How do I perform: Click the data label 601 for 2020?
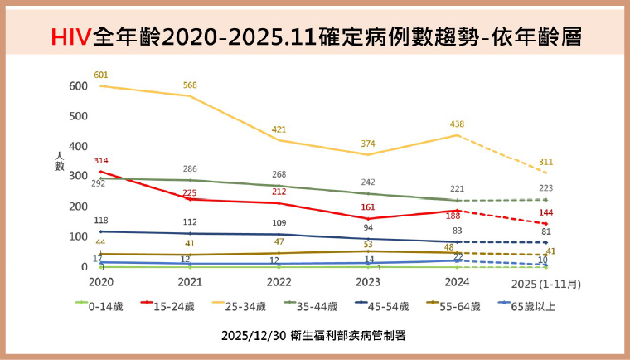[x=101, y=75]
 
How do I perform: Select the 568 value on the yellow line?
[x=191, y=85]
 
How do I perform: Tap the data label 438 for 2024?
[x=456, y=124]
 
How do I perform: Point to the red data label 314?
[x=101, y=161]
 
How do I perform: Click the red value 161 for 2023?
[x=368, y=207]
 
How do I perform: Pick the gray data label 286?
[x=190, y=169]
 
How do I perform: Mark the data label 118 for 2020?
[x=101, y=221]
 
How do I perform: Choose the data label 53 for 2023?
[x=368, y=244]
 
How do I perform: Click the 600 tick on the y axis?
[x=78, y=86]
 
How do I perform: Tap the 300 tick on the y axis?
[x=78, y=177]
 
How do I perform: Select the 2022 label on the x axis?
[x=279, y=283]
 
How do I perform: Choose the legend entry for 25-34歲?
[x=250, y=306]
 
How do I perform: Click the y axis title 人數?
[x=59, y=161]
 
